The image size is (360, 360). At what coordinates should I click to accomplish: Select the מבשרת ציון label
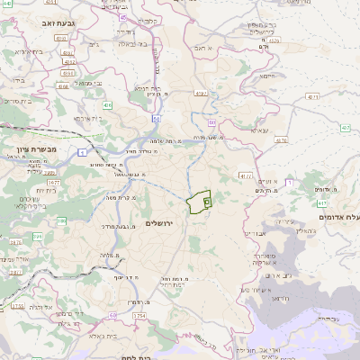(37, 148)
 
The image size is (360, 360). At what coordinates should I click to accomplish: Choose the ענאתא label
(258, 131)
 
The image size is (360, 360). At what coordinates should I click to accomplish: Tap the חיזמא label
(267, 76)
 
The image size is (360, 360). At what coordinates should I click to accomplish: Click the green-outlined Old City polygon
(198, 202)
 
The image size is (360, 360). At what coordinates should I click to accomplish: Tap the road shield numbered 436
(106, 105)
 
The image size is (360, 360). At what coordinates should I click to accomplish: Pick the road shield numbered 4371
(312, 95)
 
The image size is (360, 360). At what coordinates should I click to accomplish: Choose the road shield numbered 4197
(345, 129)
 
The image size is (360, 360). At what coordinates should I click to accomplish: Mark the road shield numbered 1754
(139, 316)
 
